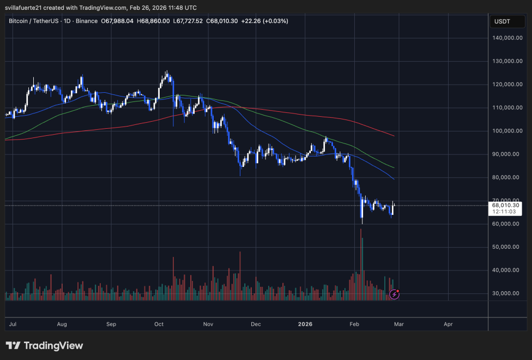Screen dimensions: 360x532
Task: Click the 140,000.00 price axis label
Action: point(509,38)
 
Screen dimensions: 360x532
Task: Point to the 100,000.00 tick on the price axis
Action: point(509,131)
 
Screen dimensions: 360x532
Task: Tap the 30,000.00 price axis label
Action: point(509,293)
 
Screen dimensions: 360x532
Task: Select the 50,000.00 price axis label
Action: point(509,247)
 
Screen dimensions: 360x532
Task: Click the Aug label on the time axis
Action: point(62,324)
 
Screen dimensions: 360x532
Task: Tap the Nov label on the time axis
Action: point(208,324)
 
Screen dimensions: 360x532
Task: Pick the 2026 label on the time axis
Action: point(305,324)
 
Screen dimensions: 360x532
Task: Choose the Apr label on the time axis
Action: point(448,324)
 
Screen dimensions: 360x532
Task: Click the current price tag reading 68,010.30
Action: point(506,206)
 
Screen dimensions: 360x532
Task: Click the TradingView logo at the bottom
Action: point(44,346)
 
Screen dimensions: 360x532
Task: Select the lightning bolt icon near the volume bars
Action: point(394,295)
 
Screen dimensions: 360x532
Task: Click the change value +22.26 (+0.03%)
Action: point(265,21)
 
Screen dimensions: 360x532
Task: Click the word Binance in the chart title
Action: point(86,21)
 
